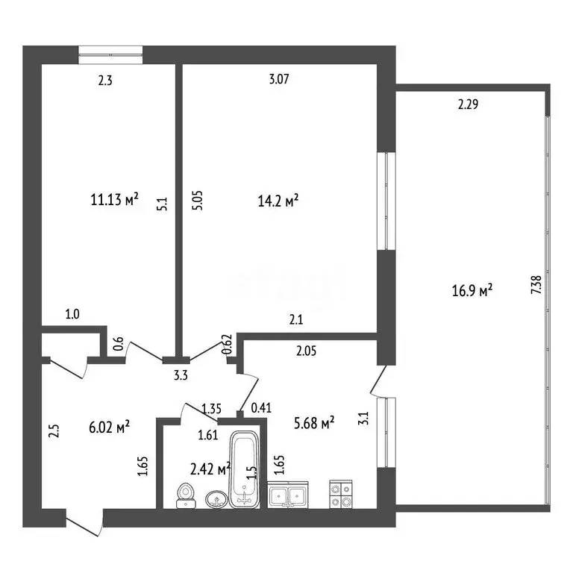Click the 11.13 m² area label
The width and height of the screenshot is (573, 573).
point(114,199)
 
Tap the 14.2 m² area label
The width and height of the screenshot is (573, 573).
point(278,201)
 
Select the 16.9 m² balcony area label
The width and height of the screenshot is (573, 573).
point(472,291)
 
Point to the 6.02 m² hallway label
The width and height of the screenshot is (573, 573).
point(109,427)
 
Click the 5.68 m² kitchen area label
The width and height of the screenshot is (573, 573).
point(314,423)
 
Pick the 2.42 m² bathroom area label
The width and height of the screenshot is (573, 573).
point(210,469)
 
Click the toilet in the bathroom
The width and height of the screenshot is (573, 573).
point(186,495)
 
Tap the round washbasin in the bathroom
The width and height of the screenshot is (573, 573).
point(216,500)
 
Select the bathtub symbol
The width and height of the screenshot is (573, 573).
point(245,469)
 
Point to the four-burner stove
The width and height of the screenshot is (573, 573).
point(341,495)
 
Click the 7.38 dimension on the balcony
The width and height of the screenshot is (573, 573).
point(536,285)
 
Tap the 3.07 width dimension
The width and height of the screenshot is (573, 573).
point(279,79)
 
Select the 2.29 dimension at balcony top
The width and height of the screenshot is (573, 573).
point(468,104)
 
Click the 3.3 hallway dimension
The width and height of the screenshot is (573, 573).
point(181,375)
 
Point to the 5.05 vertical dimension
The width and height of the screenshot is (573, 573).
point(197,201)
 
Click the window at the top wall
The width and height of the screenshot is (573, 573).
point(110,54)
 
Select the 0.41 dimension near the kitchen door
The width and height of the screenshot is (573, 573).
point(261,407)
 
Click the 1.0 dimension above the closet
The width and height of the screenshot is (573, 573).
point(72,314)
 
